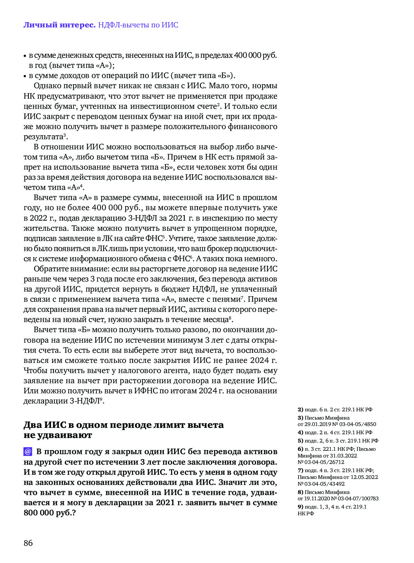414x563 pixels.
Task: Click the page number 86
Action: pyautogui.click(x=28, y=543)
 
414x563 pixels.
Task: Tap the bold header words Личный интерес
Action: pyautogui.click(x=59, y=25)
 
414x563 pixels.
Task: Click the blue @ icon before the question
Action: pyautogui.click(x=28, y=452)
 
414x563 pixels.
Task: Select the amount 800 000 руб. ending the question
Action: pyautogui.click(x=49, y=513)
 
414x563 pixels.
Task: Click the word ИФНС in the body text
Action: pyautogui.click(x=148, y=391)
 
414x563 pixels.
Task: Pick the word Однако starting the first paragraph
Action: pyautogui.click(x=47, y=86)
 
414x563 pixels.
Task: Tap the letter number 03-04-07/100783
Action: pyautogui.click(x=358, y=498)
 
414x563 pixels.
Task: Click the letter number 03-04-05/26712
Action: pyautogui.click(x=324, y=462)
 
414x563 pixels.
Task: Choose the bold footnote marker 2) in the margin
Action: pyautogui.click(x=300, y=409)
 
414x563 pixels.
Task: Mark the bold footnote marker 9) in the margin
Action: pyautogui.click(x=300, y=507)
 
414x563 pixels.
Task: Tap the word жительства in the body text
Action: pyautogui.click(x=46, y=228)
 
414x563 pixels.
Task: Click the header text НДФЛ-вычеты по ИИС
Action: pyautogui.click(x=138, y=25)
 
